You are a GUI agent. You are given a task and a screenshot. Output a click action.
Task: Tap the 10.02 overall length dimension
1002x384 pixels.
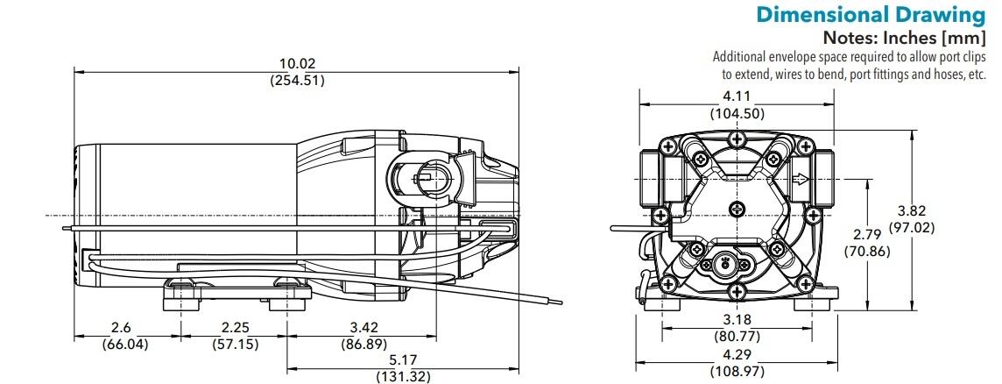297,64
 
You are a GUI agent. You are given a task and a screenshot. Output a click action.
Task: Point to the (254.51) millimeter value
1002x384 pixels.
297,80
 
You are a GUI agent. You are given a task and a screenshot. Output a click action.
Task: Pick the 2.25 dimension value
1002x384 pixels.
236,329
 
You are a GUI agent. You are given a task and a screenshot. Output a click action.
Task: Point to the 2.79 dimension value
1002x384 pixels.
867,235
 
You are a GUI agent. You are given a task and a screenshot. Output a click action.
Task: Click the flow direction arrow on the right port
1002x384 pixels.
800,181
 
